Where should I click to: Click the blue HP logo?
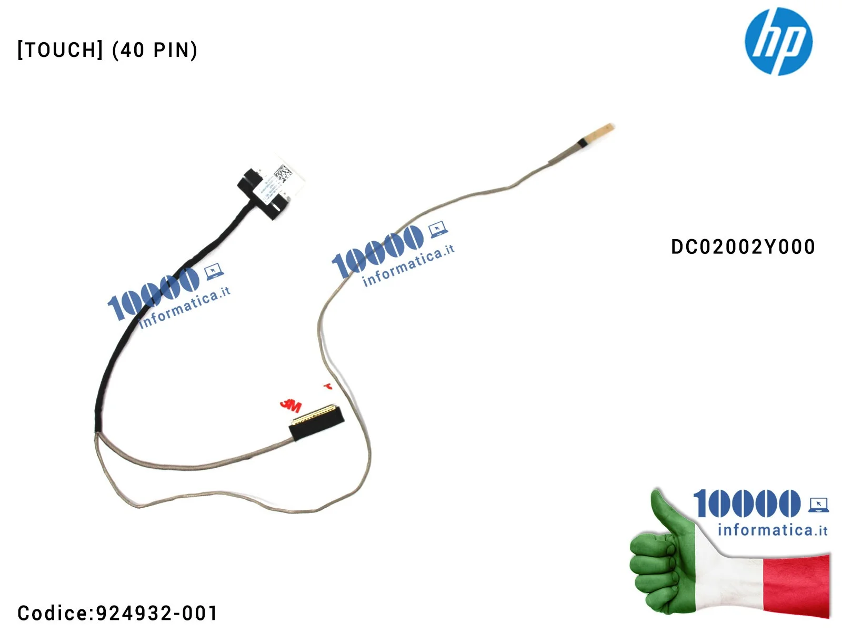[x=778, y=41]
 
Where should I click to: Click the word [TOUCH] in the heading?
[x=60, y=50]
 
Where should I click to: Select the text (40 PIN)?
[x=155, y=50]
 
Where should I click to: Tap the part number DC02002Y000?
[x=743, y=246]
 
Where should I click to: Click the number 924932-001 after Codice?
[x=157, y=613]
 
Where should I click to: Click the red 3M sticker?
[x=290, y=405]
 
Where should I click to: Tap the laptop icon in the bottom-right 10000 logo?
[x=818, y=505]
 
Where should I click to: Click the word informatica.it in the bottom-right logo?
[x=772, y=529]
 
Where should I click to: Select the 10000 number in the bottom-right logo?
[x=746, y=503]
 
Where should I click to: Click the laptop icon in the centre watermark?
[x=438, y=230]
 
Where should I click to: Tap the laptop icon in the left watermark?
[x=214, y=272]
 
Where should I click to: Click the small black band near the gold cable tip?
[x=582, y=142]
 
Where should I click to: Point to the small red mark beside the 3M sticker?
[x=328, y=387]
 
